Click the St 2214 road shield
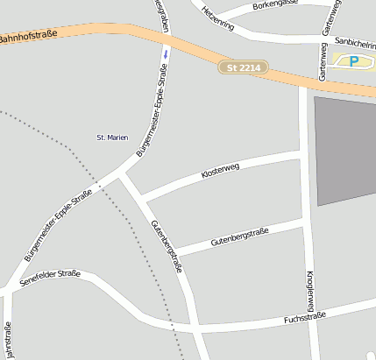click(244, 67)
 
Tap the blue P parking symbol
click(354, 60)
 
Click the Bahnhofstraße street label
click(28, 37)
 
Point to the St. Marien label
click(112, 138)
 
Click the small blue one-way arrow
click(165, 52)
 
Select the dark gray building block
click(344, 149)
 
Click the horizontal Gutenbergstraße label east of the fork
click(239, 236)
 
